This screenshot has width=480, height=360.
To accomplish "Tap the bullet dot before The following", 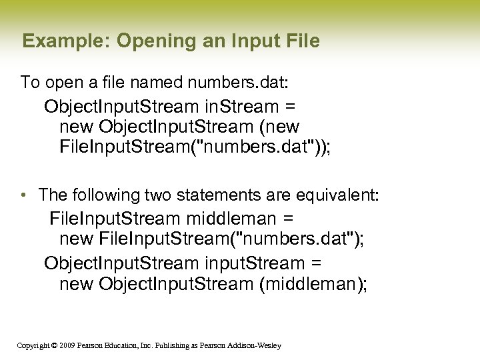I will tap(23, 195).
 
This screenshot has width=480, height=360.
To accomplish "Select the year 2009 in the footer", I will tap(67, 345).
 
